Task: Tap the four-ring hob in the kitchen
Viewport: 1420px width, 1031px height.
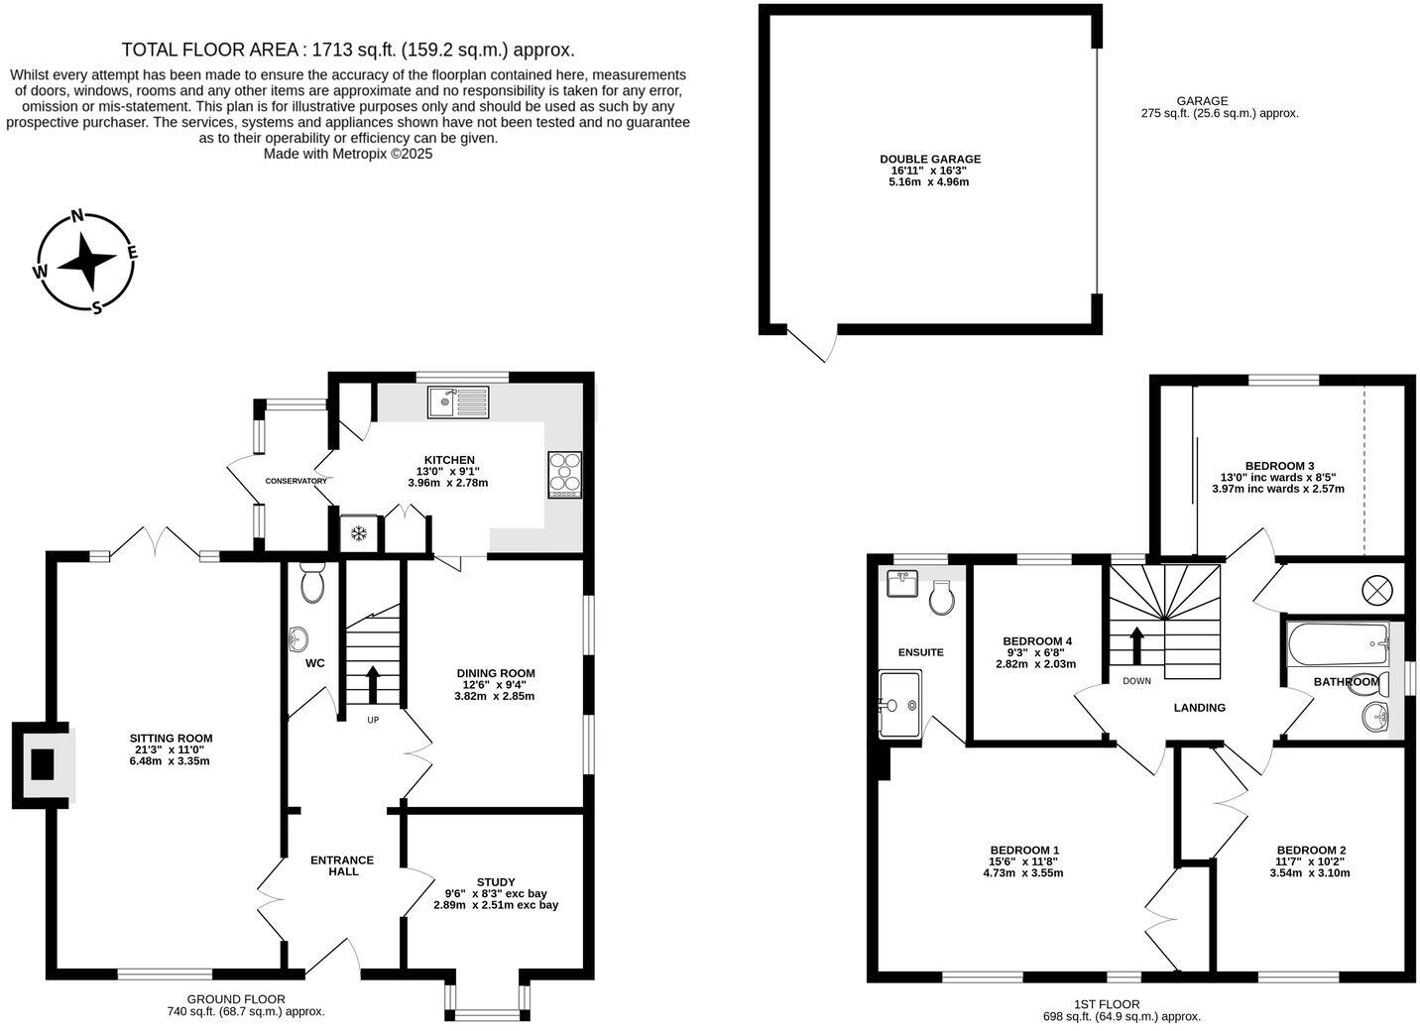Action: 565,475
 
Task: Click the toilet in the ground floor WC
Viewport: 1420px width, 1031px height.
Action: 312,584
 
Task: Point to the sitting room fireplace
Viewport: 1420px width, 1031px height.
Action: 44,764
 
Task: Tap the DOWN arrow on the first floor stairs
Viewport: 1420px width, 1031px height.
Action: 1136,644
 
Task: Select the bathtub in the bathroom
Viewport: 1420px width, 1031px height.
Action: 1337,643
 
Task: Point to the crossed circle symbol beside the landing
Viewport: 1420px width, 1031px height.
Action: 1377,591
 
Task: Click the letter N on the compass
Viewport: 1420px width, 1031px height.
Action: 76,218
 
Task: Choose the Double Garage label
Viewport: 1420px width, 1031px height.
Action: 929,159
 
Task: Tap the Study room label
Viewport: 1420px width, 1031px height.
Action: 496,881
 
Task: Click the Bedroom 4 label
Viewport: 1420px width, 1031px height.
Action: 1036,640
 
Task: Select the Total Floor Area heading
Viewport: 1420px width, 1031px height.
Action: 348,50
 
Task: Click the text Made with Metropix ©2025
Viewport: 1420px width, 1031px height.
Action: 348,154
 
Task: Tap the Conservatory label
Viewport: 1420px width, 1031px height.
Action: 296,481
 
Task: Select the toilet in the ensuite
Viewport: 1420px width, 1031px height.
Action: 942,597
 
